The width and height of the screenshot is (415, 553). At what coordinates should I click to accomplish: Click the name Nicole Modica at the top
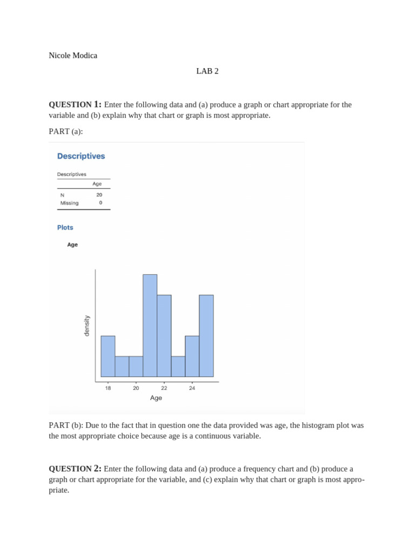tap(73, 55)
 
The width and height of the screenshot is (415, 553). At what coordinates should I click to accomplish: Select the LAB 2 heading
tap(207, 71)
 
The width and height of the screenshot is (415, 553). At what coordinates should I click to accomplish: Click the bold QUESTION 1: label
tap(75, 104)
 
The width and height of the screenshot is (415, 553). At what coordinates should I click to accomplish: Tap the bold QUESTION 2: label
tap(75, 468)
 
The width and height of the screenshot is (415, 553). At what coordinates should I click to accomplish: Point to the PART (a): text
tap(65, 131)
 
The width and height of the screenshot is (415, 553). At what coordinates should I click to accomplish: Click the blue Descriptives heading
tap(81, 156)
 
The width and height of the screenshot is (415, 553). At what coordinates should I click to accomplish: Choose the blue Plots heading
tap(65, 227)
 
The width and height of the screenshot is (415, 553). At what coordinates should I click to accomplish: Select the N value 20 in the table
tap(99, 194)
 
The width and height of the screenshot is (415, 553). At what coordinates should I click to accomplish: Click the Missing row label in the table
tap(69, 203)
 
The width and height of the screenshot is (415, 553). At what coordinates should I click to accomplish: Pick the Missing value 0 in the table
tap(101, 203)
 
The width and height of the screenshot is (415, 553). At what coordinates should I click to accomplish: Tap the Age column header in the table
tap(97, 184)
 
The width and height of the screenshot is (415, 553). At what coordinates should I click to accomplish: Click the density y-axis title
tap(86, 326)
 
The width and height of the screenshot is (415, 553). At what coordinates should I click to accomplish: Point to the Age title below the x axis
tap(156, 398)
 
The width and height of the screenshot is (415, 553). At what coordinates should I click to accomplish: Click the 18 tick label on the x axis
tap(108, 388)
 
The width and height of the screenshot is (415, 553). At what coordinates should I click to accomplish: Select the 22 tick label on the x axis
tap(164, 388)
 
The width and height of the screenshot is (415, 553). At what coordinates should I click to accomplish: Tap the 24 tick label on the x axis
tap(192, 388)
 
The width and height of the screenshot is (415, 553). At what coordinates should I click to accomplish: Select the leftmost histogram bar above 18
tap(108, 356)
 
